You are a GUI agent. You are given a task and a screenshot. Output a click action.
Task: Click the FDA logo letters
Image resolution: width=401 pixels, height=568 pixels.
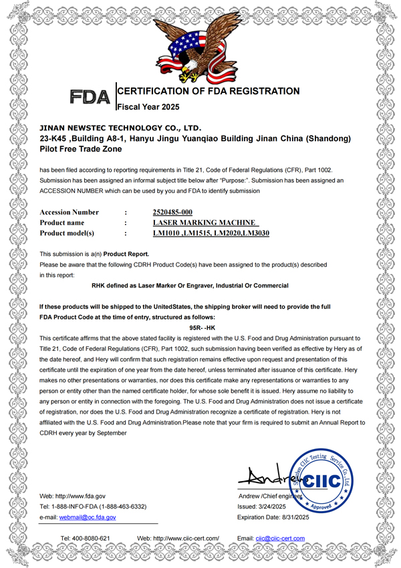pyautogui.click(x=90, y=98)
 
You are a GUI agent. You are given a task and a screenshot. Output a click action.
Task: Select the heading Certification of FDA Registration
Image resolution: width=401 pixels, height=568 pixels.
pyautogui.click(x=209, y=91)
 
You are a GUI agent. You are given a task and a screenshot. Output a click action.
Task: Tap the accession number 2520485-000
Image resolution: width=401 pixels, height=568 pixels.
pyautogui.click(x=172, y=212)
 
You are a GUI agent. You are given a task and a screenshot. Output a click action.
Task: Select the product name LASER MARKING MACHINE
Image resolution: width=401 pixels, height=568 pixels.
pyautogui.click(x=205, y=223)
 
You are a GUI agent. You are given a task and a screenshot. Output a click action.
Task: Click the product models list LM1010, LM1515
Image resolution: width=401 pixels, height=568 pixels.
pyautogui.click(x=211, y=233)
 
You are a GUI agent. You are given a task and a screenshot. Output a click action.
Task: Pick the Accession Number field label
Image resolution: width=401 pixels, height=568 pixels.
pyautogui.click(x=70, y=212)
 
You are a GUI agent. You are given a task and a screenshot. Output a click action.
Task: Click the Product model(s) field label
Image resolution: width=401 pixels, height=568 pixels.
pyautogui.click(x=67, y=233)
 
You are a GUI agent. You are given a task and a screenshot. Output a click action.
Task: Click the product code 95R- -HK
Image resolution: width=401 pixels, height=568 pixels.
pyautogui.click(x=200, y=329)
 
